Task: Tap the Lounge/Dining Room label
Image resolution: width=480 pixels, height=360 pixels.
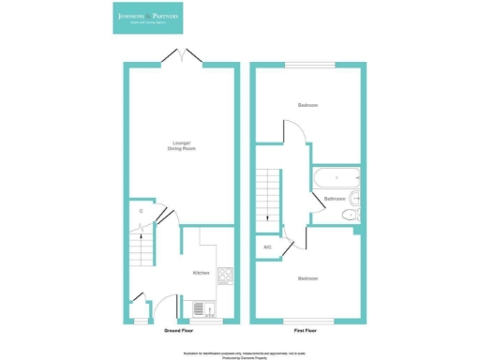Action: (182, 146)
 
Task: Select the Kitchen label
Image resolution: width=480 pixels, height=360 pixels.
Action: (201, 273)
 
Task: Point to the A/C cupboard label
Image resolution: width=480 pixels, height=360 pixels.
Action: (267, 247)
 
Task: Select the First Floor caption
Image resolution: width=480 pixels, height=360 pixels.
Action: (307, 331)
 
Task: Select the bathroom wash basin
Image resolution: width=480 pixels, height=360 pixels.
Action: (354, 197)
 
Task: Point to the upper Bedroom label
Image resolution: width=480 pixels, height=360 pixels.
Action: (307, 105)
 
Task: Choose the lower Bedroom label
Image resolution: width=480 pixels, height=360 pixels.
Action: (307, 278)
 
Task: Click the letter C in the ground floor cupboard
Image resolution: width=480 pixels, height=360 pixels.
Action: (141, 211)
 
